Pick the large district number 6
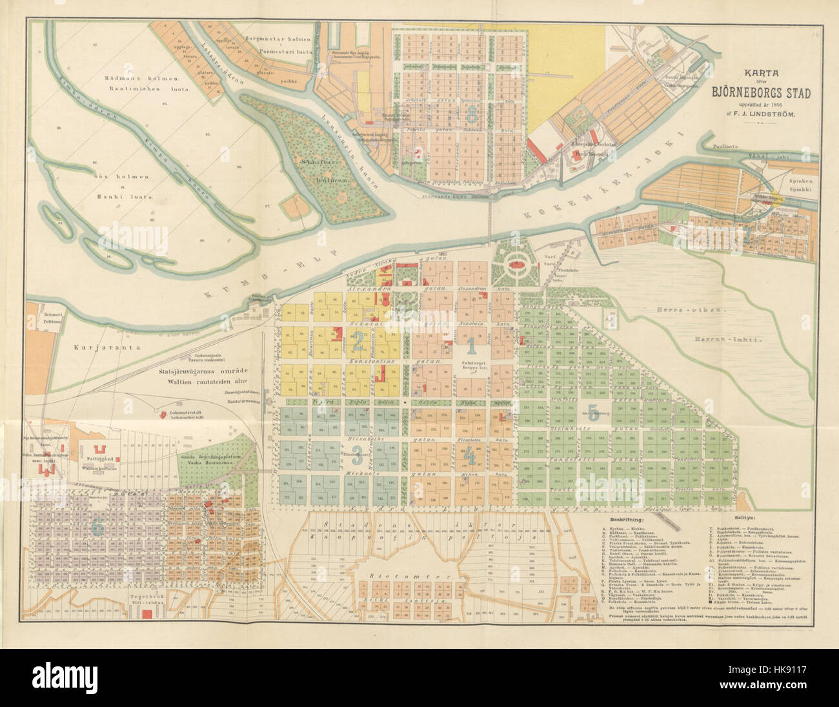point(98,527)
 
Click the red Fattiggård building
point(99,449)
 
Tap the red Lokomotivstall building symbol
point(156,409)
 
